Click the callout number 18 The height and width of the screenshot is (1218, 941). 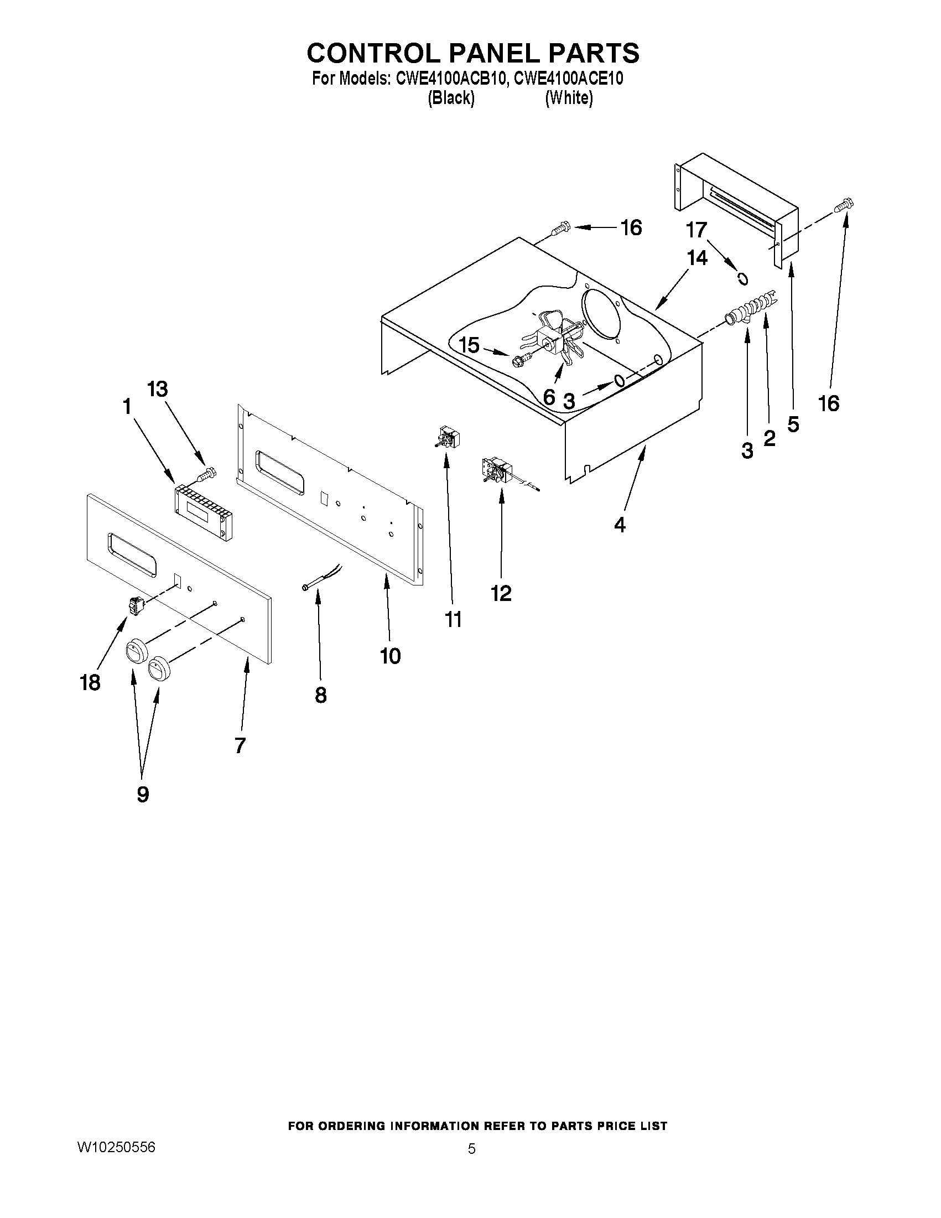(x=90, y=682)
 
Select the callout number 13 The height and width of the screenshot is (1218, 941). (x=158, y=389)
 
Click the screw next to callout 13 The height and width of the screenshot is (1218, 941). (x=207, y=474)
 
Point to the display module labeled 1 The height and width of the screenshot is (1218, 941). (x=204, y=512)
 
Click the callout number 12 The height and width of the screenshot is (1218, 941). (x=501, y=593)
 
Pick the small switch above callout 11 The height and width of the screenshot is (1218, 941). (x=445, y=437)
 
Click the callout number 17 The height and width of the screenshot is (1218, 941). (x=697, y=229)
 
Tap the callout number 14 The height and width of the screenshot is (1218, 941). (x=697, y=258)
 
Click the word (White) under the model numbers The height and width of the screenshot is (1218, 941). (x=569, y=98)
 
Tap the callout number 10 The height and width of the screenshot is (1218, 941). (x=390, y=656)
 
